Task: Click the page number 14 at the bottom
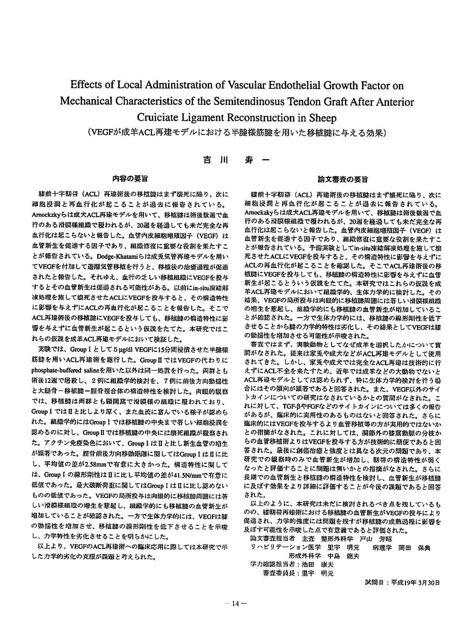click(235, 604)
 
